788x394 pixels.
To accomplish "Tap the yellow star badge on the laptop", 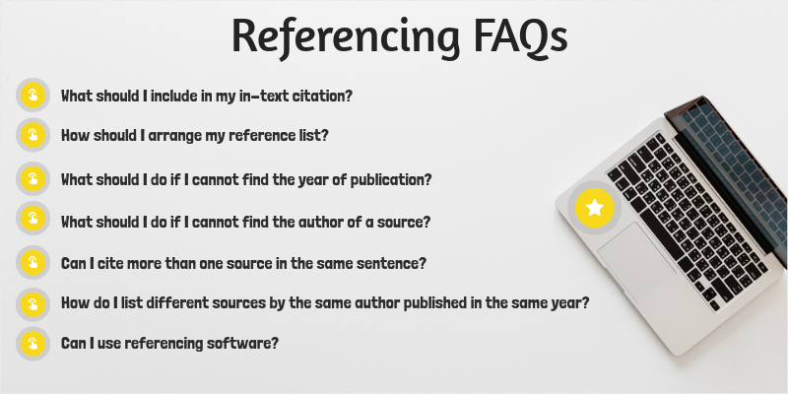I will tap(595, 208).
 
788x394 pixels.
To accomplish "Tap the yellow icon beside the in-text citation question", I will tap(33, 96).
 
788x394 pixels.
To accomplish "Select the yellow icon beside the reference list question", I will tap(33, 135).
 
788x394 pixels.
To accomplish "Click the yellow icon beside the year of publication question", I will tap(33, 179).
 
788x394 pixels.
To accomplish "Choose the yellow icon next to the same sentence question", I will tap(33, 263).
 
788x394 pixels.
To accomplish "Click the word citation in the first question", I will tap(321, 97).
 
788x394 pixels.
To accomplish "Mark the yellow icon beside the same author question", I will tap(33, 302).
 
